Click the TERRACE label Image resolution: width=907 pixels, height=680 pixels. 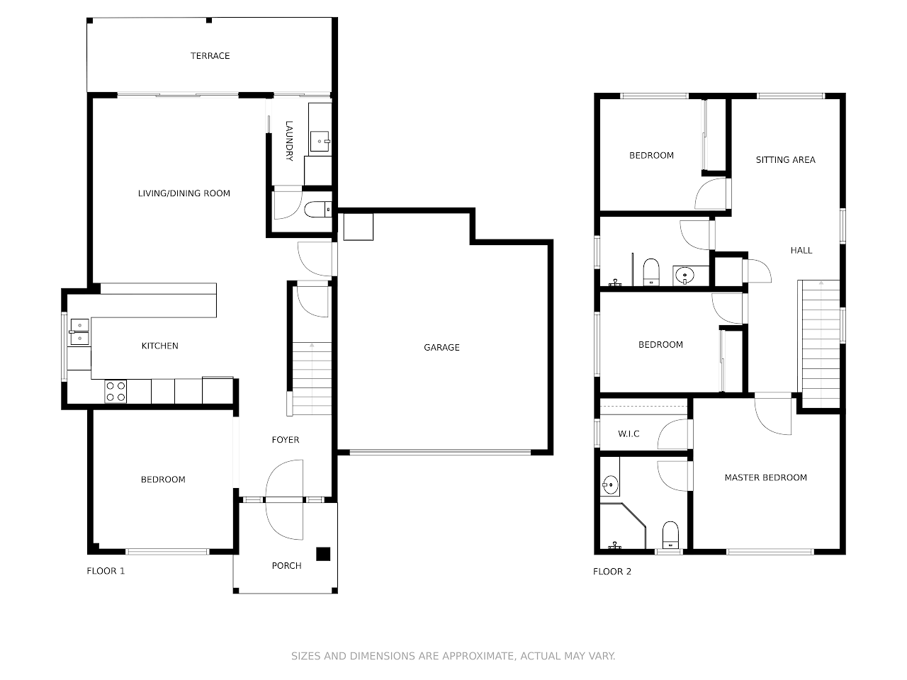click(x=210, y=56)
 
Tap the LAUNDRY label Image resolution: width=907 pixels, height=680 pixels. click(x=289, y=141)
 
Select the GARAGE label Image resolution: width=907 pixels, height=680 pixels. click(x=441, y=348)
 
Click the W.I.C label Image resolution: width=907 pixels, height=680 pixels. click(x=629, y=434)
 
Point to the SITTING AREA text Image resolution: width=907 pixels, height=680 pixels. click(x=786, y=160)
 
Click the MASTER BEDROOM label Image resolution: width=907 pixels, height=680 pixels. click(x=765, y=477)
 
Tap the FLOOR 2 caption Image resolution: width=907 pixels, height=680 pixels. click(x=612, y=572)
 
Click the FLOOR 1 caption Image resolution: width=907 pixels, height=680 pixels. click(x=106, y=571)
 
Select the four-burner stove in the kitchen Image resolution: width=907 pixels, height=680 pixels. click(x=116, y=392)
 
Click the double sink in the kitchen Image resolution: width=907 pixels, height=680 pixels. click(x=80, y=331)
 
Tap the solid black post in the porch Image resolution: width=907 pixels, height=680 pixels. click(x=323, y=554)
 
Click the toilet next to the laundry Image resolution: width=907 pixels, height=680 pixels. click(x=317, y=210)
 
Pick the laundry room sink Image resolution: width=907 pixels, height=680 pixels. click(x=320, y=141)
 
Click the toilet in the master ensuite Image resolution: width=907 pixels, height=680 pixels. click(x=670, y=535)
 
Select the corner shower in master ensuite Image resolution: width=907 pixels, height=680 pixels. click(x=623, y=526)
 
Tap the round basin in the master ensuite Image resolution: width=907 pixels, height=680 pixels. click(x=610, y=484)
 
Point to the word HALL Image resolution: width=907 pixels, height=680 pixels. click(x=801, y=250)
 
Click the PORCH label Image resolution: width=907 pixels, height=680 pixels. click(x=286, y=566)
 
